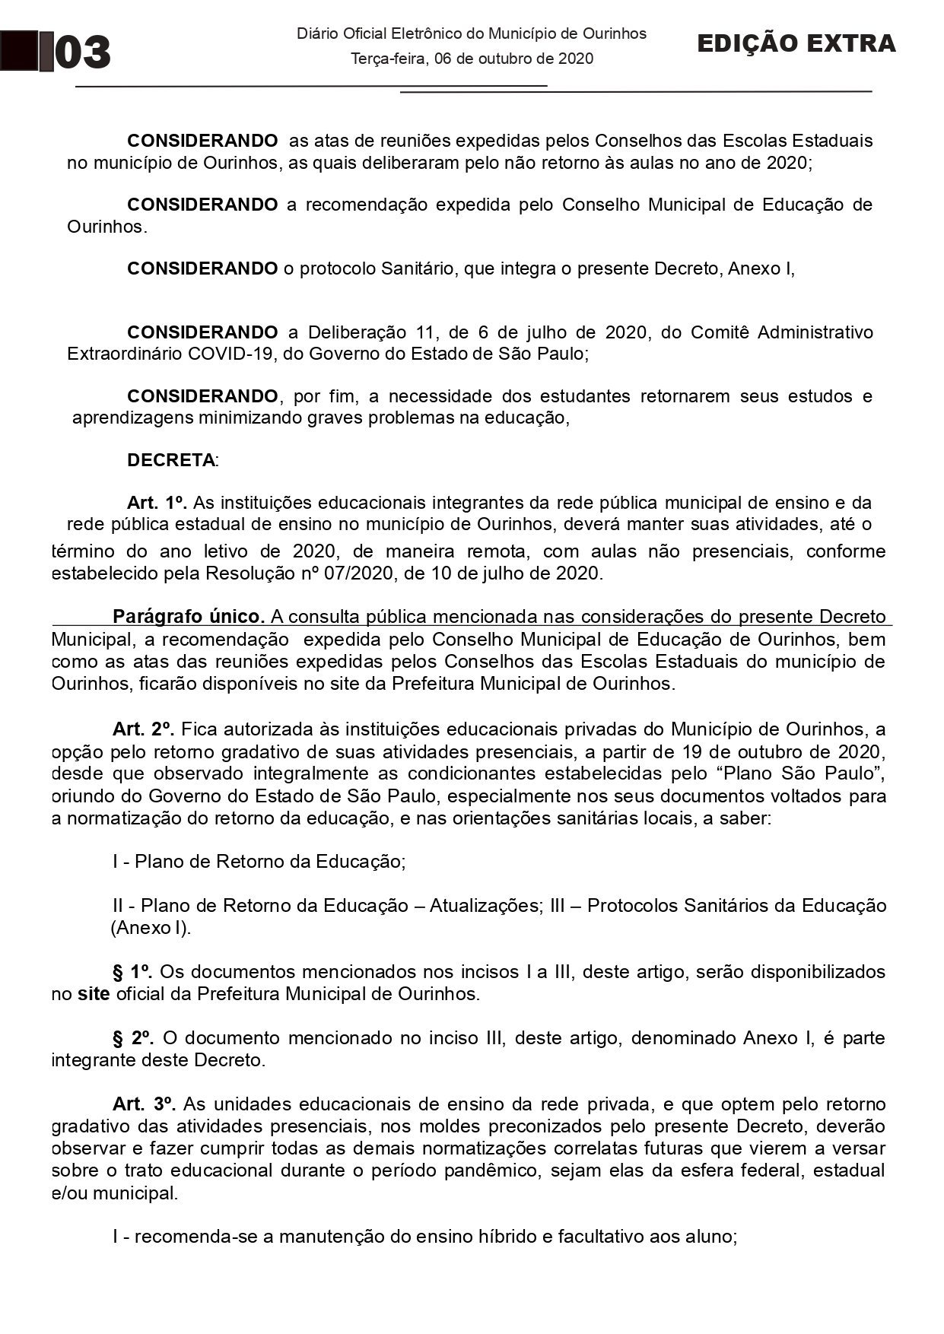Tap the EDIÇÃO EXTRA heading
(x=796, y=44)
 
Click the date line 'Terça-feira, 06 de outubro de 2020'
(x=472, y=59)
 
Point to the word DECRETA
(x=171, y=460)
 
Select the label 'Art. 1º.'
(x=157, y=503)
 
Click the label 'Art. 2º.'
(x=144, y=729)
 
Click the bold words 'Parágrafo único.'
(x=189, y=616)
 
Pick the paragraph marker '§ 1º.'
(x=132, y=971)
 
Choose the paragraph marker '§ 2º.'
(x=133, y=1037)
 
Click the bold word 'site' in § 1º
(x=94, y=993)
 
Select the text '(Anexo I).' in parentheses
(x=151, y=928)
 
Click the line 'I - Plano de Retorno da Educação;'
(x=259, y=861)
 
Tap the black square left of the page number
(x=19, y=51)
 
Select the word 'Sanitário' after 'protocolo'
(x=418, y=268)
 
